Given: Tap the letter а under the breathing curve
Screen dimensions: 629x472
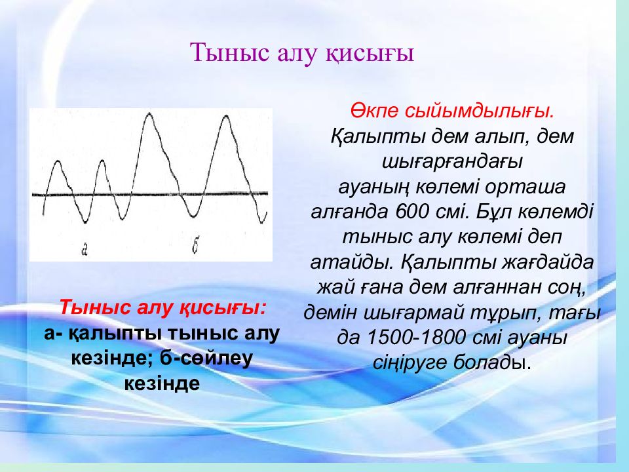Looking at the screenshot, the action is point(85,250).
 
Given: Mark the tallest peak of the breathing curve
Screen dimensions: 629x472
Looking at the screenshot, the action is point(149,113).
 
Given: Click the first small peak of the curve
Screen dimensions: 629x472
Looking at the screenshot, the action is point(58,161).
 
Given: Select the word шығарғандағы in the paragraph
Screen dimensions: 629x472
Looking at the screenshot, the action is point(452,163).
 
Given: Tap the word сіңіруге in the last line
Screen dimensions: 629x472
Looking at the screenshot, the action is point(410,363).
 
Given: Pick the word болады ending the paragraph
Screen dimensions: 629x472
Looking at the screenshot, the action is point(493,363).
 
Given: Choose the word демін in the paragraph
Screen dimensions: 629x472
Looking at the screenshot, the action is point(330,313).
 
